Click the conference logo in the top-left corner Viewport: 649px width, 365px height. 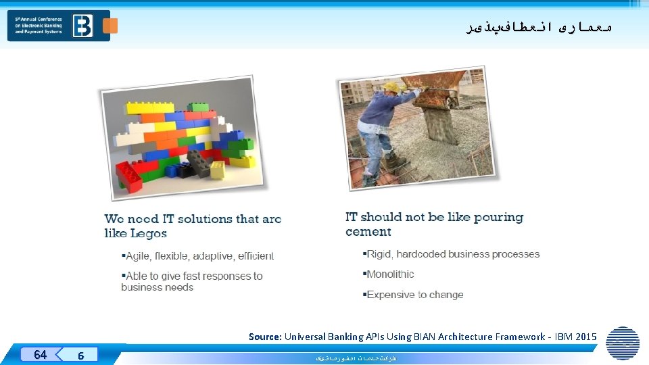click(x=58, y=25)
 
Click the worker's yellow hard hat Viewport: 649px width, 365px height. click(x=391, y=87)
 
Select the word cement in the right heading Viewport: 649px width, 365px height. click(x=368, y=232)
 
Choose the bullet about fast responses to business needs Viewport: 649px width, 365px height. click(x=192, y=281)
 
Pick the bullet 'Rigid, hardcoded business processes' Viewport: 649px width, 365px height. click(x=453, y=254)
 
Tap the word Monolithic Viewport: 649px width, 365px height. click(x=390, y=274)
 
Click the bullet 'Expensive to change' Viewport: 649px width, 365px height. click(x=414, y=295)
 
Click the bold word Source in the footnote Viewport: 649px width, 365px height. click(x=264, y=337)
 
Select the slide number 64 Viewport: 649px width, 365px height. click(x=40, y=354)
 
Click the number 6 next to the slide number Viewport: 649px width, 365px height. click(x=80, y=355)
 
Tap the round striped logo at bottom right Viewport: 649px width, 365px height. click(x=623, y=343)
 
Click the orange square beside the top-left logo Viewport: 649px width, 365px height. click(x=110, y=26)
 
